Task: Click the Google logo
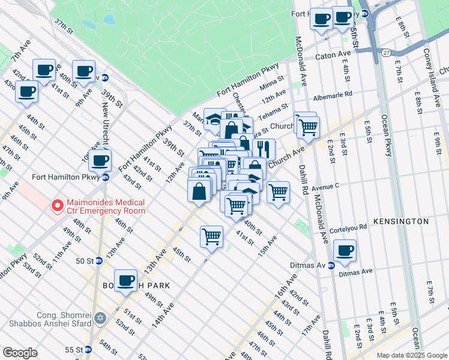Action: click(20, 353)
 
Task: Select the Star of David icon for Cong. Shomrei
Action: click(100, 318)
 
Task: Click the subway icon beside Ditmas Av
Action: click(331, 266)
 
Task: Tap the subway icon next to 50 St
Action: click(98, 261)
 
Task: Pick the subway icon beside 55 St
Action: click(88, 349)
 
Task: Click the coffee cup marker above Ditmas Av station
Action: click(345, 251)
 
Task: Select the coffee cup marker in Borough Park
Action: click(125, 280)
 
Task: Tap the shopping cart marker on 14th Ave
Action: click(211, 236)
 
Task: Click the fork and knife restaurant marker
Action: click(264, 149)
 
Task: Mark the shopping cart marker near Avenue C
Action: click(278, 193)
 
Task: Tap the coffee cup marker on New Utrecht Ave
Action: click(100, 160)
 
